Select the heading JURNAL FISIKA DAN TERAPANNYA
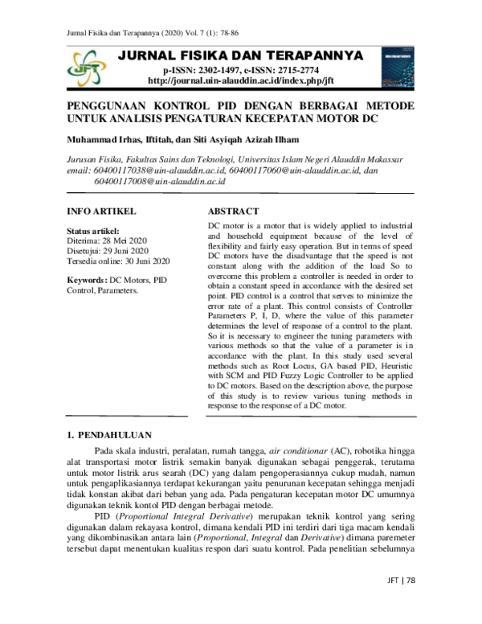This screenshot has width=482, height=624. click(x=240, y=55)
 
